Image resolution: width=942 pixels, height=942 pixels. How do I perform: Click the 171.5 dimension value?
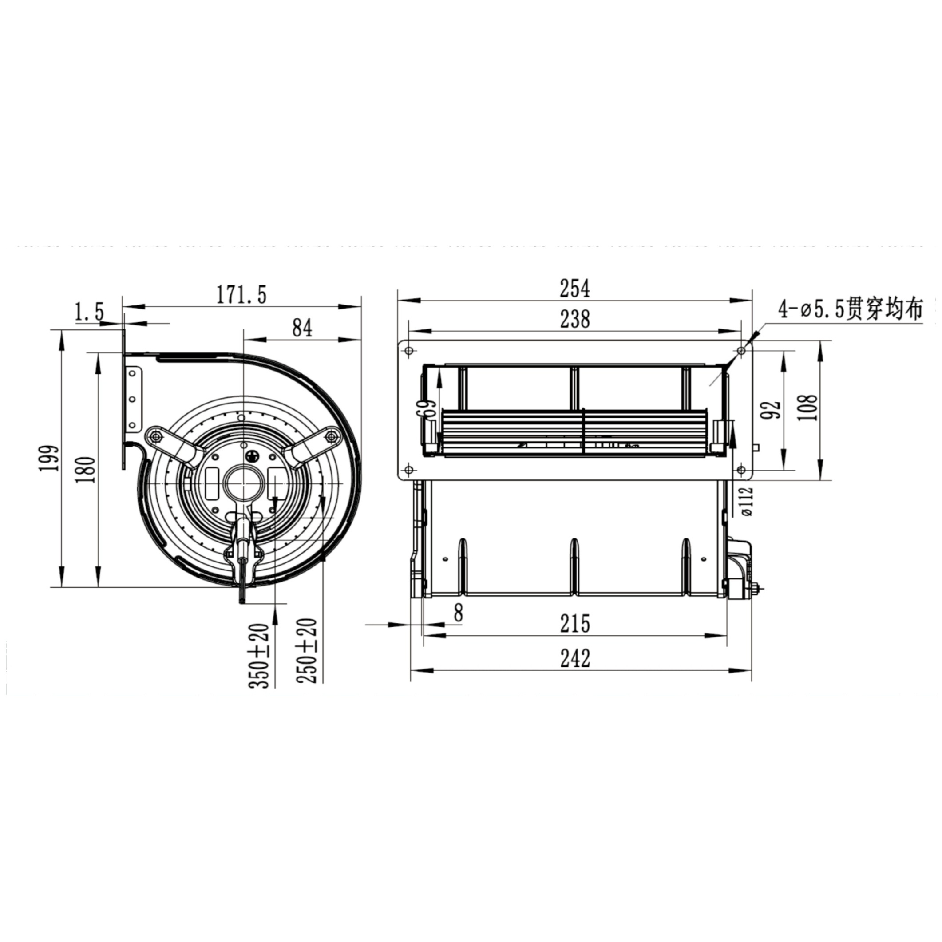tap(242, 295)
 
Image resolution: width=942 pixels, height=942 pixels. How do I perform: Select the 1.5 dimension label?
tap(89, 312)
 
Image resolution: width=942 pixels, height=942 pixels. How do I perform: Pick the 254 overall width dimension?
tap(575, 288)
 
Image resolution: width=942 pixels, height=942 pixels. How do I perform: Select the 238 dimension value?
tap(575, 319)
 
